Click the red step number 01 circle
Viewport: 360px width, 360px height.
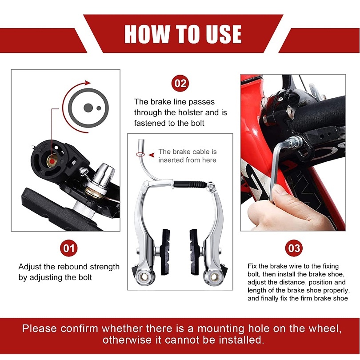click(x=68, y=248)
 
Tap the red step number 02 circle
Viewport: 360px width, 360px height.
click(x=180, y=83)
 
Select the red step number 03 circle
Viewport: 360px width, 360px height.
click(x=294, y=248)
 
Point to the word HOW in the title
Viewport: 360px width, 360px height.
click(x=148, y=34)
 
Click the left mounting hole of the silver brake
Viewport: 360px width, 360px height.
click(x=144, y=277)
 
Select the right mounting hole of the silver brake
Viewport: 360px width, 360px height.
click(x=214, y=277)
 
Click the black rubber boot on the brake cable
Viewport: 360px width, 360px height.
click(x=190, y=184)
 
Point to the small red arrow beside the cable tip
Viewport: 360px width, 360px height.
click(x=151, y=155)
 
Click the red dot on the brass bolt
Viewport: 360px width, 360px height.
click(x=52, y=161)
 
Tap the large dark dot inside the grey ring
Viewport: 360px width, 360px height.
click(x=88, y=108)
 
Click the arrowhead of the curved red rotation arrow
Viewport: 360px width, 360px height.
click(x=88, y=83)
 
